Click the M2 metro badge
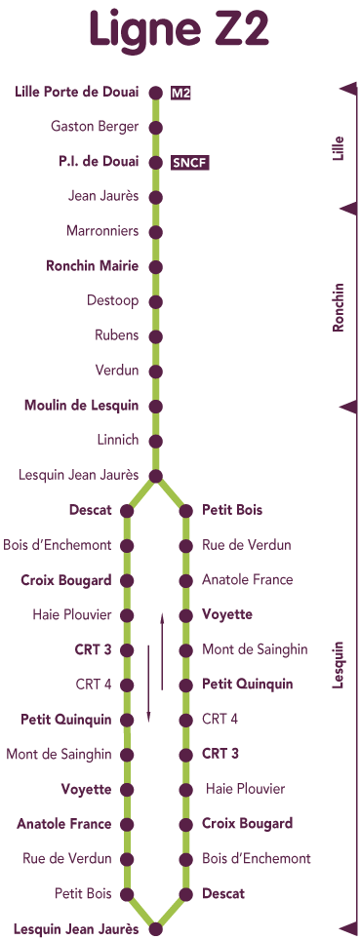click(180, 93)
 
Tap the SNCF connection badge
click(190, 163)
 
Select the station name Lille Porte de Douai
click(77, 92)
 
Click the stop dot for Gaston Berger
click(155, 128)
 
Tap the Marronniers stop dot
click(155, 232)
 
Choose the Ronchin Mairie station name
click(93, 265)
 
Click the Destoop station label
click(113, 300)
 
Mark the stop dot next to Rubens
click(155, 336)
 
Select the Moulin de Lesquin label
click(82, 406)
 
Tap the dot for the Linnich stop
click(155, 441)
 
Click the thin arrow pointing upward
click(162, 651)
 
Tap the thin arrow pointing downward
click(149, 684)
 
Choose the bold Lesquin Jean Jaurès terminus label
click(76, 929)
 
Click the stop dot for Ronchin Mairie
click(155, 267)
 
